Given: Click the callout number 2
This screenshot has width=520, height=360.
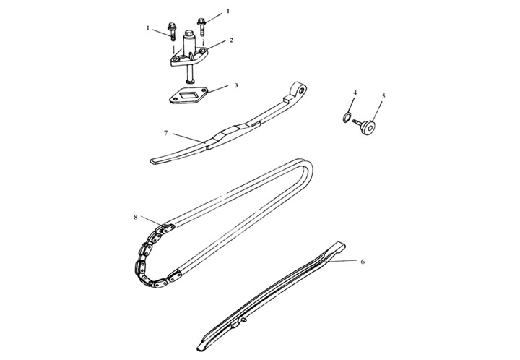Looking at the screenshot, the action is (x=231, y=40).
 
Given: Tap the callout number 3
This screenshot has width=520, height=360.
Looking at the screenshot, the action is (x=236, y=85).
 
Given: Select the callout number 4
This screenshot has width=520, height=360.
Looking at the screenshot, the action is (x=355, y=93).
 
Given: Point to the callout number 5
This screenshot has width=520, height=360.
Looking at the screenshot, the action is (x=383, y=96).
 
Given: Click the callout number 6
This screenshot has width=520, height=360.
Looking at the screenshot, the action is (x=363, y=262).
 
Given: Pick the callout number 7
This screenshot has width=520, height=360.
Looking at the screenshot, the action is (x=166, y=133).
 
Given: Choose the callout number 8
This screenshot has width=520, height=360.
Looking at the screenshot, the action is (x=135, y=218).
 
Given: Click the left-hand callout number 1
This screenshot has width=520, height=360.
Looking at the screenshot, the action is (x=148, y=28).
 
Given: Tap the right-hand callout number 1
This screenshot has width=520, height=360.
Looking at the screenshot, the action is (x=227, y=11).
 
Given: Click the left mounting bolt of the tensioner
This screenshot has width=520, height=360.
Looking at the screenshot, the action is (x=172, y=32).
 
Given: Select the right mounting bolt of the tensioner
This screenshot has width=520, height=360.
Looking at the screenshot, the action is (x=201, y=26).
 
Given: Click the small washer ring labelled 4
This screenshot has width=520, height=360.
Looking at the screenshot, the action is (x=346, y=117).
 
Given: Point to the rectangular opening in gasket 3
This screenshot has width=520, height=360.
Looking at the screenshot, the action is (x=188, y=95).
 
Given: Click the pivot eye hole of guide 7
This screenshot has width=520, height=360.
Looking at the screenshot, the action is (x=301, y=89).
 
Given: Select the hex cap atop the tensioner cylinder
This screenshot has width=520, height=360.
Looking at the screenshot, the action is (x=188, y=33).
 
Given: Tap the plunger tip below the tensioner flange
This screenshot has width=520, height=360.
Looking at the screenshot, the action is (x=190, y=81).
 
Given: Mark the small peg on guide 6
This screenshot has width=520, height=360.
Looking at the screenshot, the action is (x=244, y=320).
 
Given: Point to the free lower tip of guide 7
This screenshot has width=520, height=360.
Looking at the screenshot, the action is (x=153, y=162).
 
